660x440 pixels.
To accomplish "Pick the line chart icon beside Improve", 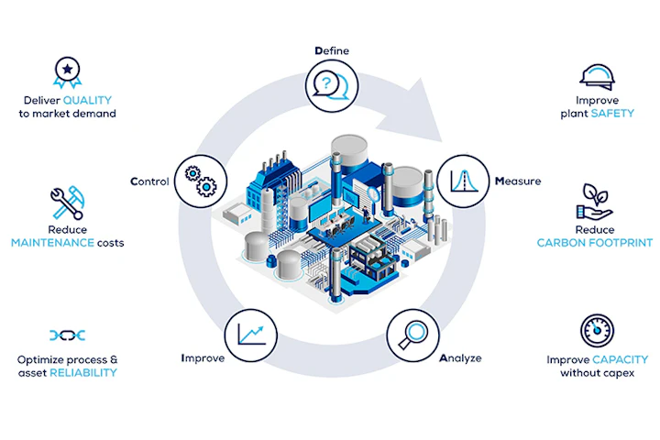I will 251,333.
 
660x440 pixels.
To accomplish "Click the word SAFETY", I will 612,114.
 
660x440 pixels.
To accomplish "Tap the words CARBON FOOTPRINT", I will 595,243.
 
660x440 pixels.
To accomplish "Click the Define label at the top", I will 331,50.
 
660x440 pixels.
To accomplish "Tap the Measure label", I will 518,181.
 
